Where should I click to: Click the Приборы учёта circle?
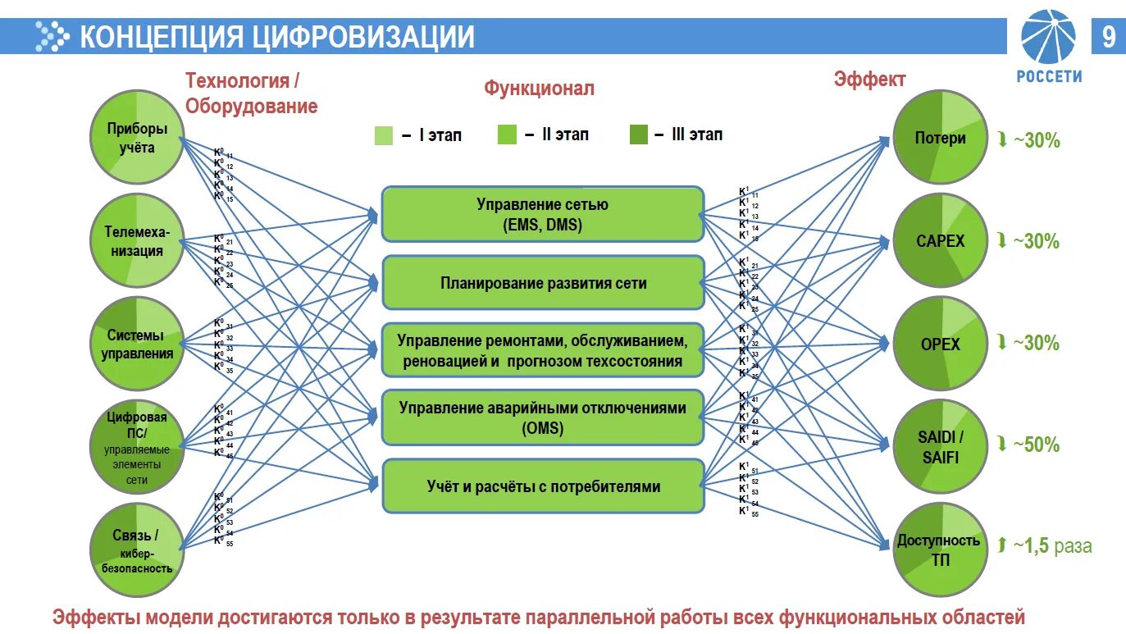pos(136,137)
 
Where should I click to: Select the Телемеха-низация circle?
pos(136,241)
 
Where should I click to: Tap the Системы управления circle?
pos(136,344)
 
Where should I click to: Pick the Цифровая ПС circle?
pos(136,446)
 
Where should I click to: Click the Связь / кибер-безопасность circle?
pos(136,550)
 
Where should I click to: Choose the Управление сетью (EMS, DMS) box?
pos(542,214)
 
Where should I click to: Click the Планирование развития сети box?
pos(542,283)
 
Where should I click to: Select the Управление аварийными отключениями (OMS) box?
pos(542,417)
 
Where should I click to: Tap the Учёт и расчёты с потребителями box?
pos(542,486)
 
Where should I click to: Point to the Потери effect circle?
pos(940,138)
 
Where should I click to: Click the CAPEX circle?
pos(940,241)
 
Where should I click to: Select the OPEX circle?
pos(940,344)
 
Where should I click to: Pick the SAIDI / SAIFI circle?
pos(940,447)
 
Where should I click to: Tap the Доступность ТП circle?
pos(940,550)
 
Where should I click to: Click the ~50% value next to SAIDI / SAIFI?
pos(1037,445)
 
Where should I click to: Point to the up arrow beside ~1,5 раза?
pos(1002,545)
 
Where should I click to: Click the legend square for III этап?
pos(639,135)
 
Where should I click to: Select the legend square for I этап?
pos(384,135)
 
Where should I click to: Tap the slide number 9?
pos(1108,37)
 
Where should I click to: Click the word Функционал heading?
pos(538,88)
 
